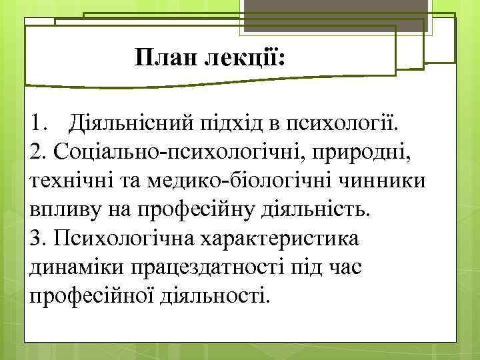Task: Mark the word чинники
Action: pyautogui.click(x=383, y=181)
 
